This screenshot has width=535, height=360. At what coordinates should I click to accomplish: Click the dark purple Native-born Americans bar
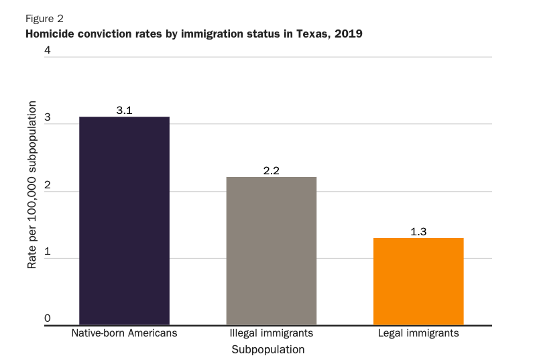tap(124, 221)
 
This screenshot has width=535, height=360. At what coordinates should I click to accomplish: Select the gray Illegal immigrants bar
tap(271, 251)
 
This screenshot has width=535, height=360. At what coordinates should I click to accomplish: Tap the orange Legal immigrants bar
tap(418, 281)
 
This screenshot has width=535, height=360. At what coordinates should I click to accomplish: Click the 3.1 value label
tap(124, 110)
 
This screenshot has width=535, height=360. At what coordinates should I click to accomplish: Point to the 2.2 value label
tap(271, 170)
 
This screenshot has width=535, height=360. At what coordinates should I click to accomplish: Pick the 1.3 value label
tap(418, 231)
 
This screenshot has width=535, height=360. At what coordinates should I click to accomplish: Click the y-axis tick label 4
tap(48, 50)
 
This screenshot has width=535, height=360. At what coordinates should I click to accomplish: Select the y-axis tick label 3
tap(48, 117)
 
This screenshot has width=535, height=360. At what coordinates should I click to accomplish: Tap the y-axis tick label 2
tap(48, 184)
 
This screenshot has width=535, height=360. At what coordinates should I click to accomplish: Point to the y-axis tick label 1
tap(48, 252)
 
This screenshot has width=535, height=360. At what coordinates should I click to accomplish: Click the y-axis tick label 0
tap(48, 318)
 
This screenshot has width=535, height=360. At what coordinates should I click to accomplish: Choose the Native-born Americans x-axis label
tap(124, 333)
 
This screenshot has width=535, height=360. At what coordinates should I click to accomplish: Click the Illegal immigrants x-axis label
tap(271, 333)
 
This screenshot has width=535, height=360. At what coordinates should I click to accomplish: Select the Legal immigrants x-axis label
tap(418, 333)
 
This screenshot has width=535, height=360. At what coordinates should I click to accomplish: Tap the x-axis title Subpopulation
tap(267, 349)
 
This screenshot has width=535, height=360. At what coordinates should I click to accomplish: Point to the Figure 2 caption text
tap(44, 18)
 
